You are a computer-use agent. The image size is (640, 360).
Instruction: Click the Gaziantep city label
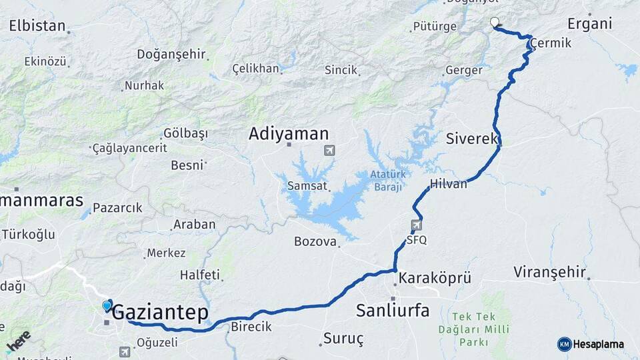tap(160, 313)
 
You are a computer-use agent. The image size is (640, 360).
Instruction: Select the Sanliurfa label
tap(393, 310)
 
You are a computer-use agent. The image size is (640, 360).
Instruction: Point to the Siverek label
tap(472, 139)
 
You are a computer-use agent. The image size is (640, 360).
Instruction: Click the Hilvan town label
tap(449, 184)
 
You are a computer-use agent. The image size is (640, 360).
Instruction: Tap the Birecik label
tap(251, 327)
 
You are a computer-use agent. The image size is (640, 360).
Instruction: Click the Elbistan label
tap(37, 27)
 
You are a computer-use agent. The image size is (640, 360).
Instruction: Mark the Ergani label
tap(589, 24)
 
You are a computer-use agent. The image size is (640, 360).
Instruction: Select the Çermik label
tap(551, 43)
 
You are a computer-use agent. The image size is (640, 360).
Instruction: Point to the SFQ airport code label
tap(417, 239)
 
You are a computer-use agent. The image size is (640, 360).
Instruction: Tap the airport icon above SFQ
tap(417, 225)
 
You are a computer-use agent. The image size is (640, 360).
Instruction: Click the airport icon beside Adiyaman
tap(329, 151)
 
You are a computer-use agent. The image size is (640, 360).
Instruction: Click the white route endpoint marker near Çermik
tap(495, 23)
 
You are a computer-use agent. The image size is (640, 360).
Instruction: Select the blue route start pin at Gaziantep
tap(107, 305)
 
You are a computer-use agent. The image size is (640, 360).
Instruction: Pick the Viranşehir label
tap(550, 272)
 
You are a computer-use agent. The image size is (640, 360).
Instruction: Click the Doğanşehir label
tap(171, 55)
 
